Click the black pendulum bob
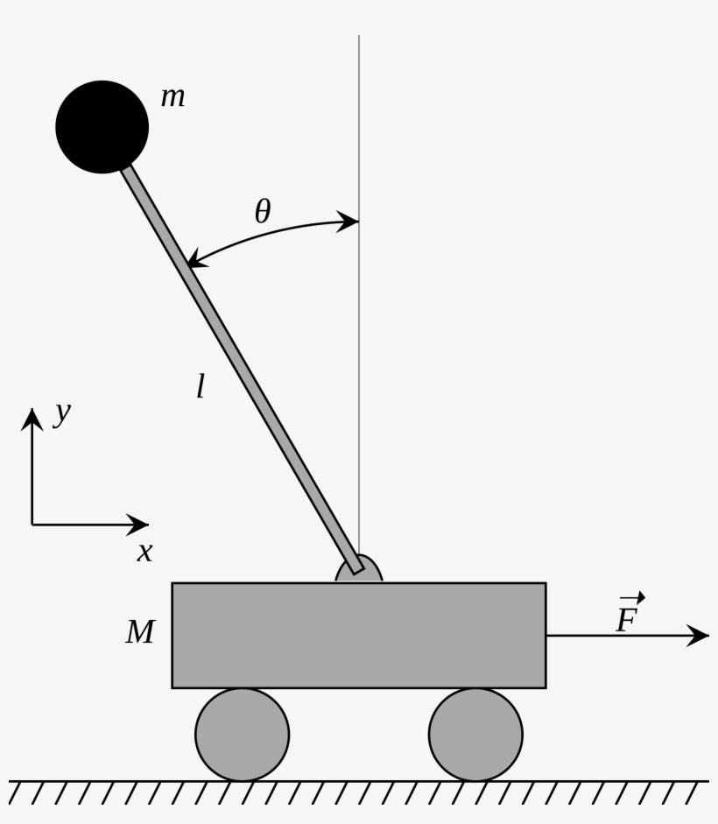tap(102, 126)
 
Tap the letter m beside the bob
tap(172, 97)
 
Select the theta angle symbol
tap(263, 211)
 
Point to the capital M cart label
tap(140, 632)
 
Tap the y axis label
tap(61, 412)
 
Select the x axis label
tap(144, 553)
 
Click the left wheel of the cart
tap(242, 734)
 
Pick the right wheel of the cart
tap(475, 734)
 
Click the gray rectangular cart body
tap(358, 635)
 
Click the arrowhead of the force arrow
tap(699, 636)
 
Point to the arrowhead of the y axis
tap(32, 418)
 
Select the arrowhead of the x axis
tap(139, 525)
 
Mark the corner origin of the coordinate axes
tap(32, 525)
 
